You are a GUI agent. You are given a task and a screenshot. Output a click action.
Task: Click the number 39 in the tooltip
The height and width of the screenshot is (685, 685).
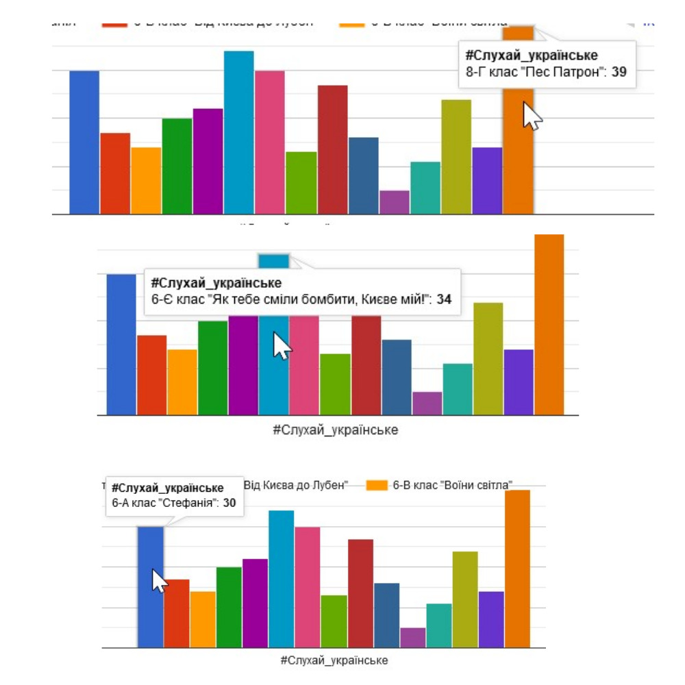(x=619, y=71)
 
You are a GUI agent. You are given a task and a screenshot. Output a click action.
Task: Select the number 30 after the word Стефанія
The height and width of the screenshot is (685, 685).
(x=229, y=503)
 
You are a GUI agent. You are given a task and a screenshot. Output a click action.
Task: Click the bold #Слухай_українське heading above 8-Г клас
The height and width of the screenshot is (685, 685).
(x=531, y=55)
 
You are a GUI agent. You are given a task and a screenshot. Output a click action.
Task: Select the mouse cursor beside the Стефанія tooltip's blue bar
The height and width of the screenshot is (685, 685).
(x=159, y=581)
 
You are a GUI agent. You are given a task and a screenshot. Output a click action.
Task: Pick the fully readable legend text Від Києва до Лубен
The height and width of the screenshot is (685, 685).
(x=296, y=485)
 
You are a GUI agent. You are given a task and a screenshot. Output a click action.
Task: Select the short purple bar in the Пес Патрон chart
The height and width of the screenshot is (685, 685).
(x=395, y=203)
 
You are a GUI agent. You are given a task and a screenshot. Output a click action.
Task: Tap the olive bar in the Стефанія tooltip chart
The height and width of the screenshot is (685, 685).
(x=465, y=599)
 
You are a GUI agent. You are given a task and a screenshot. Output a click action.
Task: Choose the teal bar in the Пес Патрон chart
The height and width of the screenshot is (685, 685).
(x=425, y=188)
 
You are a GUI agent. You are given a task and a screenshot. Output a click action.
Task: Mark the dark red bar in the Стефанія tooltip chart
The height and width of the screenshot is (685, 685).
(x=360, y=593)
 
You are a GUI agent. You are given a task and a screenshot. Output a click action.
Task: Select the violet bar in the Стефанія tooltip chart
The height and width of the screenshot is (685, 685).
(x=491, y=619)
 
